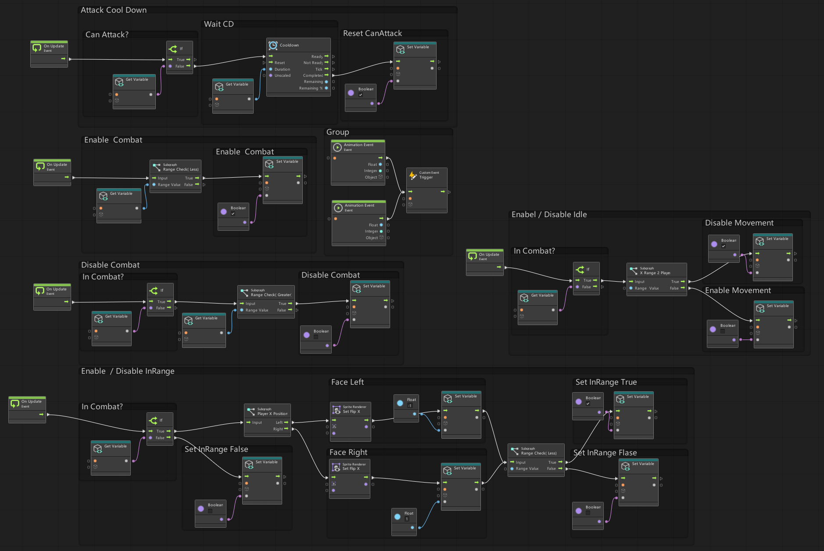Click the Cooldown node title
pos(289,45)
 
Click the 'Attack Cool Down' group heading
pos(114,10)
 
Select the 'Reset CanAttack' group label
pos(372,33)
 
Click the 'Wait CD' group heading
pos(219,24)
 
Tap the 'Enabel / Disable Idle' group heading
pos(549,215)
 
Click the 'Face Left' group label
pos(347,382)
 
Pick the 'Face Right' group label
pos(348,452)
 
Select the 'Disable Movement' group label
pos(739,223)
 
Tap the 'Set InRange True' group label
pos(606,382)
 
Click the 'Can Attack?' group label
pos(107,35)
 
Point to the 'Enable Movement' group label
pos(738,290)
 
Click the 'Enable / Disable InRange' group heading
pos(127,371)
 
